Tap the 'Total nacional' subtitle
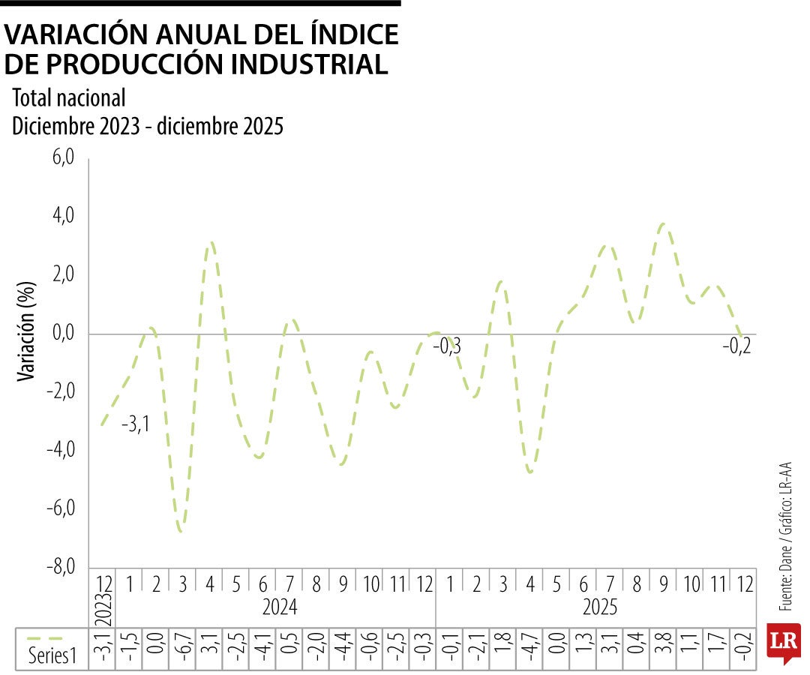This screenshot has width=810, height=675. pos(68,98)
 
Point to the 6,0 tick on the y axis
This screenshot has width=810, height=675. pos(63,158)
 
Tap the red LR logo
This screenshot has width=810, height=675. pos(783,643)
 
